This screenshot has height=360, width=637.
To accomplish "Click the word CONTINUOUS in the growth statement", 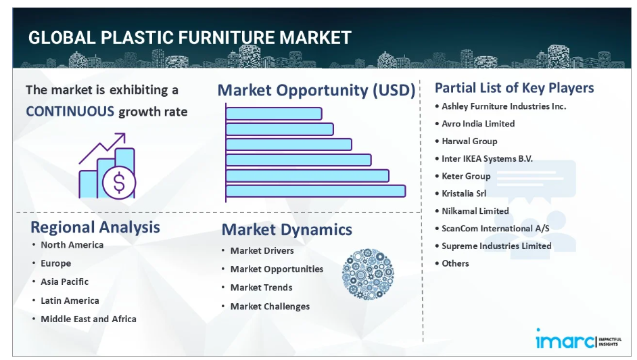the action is tap(70, 112).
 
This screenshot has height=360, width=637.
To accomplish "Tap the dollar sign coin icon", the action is tap(119, 183).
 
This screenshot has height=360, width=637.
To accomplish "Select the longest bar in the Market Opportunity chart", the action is tap(316, 191).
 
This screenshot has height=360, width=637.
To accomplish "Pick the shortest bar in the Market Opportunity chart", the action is tap(274, 114).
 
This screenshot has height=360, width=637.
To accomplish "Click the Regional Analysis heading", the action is tap(95, 227).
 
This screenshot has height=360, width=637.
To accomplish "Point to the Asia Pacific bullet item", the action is tap(65, 282).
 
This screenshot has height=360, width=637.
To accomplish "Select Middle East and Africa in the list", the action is tap(89, 319).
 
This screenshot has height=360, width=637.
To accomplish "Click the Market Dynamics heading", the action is tap(287, 229).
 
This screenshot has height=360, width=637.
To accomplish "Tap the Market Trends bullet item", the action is tap(261, 288).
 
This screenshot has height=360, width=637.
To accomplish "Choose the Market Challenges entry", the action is tap(270, 307).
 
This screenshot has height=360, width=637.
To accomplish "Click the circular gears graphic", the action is tap(368, 274).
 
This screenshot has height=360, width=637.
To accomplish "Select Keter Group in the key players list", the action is tap(466, 177).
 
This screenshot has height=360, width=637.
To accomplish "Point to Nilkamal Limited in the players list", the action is tap(475, 211).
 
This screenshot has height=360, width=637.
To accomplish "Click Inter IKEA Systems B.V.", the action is tap(487, 159).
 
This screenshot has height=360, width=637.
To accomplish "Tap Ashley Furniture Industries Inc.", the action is tap(504, 106).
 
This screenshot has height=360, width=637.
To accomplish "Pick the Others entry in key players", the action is tap(455, 263).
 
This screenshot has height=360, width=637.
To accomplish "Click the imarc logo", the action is tap(578, 339).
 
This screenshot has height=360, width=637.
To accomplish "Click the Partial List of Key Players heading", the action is tap(515, 88).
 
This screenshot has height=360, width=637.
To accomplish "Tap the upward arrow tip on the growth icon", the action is tap(124, 134).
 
